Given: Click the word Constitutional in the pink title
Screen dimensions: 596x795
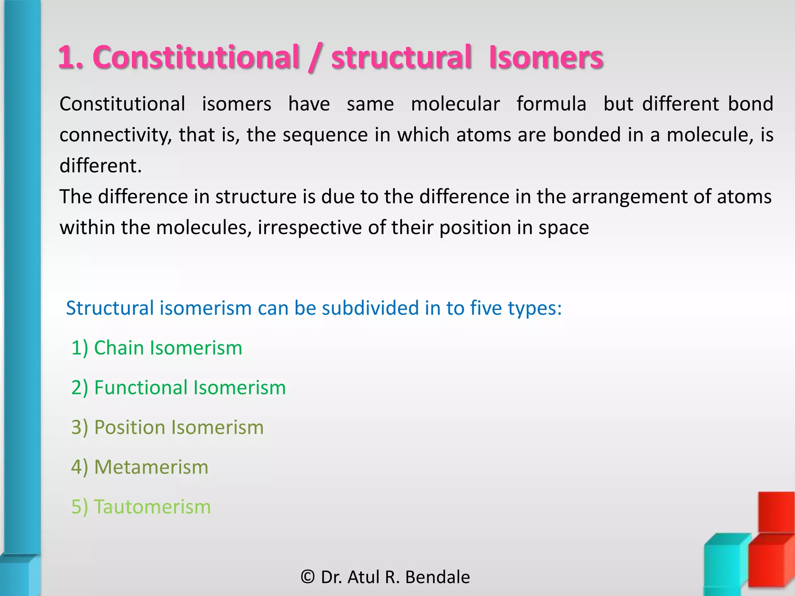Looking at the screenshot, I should (196, 57).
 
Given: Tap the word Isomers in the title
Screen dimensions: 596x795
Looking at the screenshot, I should (546, 57).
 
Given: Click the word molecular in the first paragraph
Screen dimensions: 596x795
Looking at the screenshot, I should (455, 104).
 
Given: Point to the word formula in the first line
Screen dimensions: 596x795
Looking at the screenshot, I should (551, 104).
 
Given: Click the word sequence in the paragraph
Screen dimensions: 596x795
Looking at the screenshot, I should (325, 135).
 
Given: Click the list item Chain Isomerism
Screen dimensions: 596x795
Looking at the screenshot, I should (156, 348).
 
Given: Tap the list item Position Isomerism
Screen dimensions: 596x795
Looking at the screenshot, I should (167, 427).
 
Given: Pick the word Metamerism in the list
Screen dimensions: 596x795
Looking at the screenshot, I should (151, 467).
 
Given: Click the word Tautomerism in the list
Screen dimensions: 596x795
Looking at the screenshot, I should (152, 507).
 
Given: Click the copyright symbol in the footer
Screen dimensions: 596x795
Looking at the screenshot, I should (308, 577).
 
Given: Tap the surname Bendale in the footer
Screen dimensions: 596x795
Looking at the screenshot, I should (437, 577).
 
